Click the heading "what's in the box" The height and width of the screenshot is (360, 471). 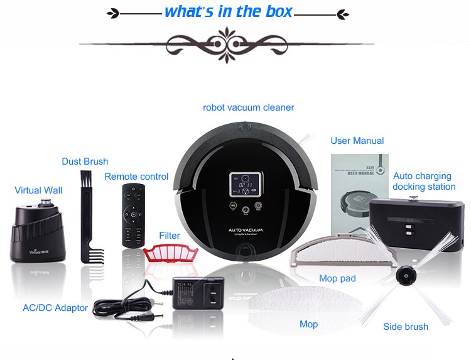coord(228,12)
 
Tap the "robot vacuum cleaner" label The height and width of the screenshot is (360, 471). coord(248,107)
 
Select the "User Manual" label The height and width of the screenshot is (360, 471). coord(357,141)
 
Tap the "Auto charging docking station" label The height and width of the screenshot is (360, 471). coord(424,182)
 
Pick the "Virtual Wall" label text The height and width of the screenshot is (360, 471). coord(38,190)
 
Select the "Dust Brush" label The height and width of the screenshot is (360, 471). coord(85,161)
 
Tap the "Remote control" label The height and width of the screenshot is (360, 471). coord(136,177)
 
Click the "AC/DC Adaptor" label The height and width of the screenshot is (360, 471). coord(55,308)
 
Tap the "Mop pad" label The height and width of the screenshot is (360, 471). coord(338,278)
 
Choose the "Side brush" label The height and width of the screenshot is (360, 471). coord(406,327)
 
